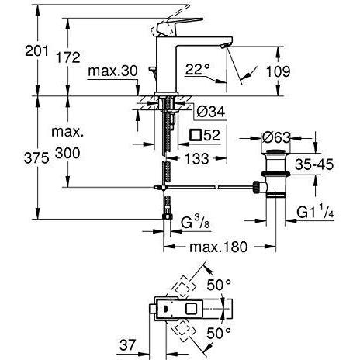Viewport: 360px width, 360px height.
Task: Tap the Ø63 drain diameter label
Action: point(276,138)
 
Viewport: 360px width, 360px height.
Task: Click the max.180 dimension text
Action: point(218,248)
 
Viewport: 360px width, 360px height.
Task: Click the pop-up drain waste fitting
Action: point(276,179)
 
